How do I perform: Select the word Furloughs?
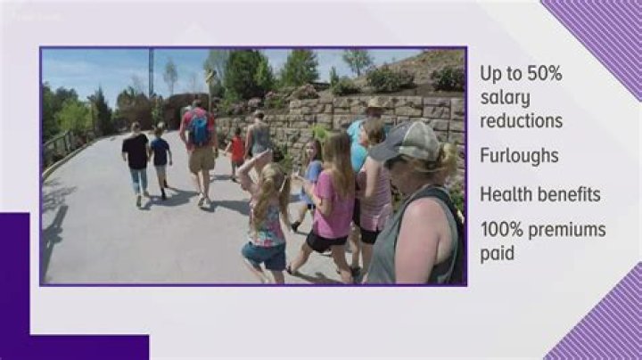pyautogui.click(x=520, y=156)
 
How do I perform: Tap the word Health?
pyautogui.click(x=506, y=193)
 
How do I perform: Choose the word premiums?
pyautogui.click(x=568, y=231)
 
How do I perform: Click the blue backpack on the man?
pyautogui.click(x=201, y=129)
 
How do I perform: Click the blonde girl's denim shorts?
pyautogui.click(x=264, y=255)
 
